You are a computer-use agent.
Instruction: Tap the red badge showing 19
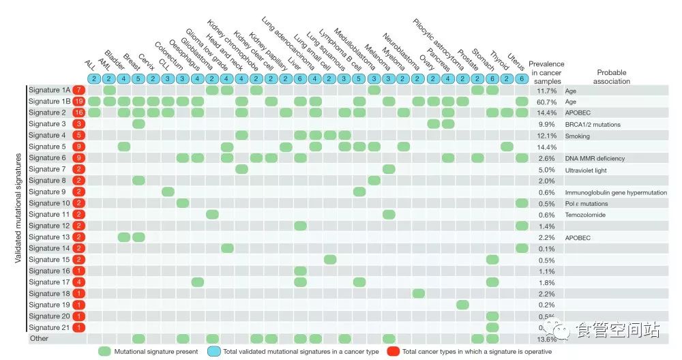pos(79,102)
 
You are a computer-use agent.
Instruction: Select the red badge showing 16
pos(79,112)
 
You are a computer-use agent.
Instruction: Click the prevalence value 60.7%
pos(547,102)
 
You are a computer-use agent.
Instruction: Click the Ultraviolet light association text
pos(587,170)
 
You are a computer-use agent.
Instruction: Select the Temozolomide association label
pos(585,215)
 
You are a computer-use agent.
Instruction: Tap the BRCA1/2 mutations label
pos(591,124)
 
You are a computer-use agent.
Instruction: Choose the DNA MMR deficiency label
pos(595,158)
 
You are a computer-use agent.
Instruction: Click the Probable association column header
pos(612,76)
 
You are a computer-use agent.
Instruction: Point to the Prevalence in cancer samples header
pos(546,72)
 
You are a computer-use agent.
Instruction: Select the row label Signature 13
pos(49,237)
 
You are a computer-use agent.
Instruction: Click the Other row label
pos(38,338)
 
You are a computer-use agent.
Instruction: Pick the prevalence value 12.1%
pos(547,136)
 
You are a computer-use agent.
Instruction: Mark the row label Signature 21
pos(49,327)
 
